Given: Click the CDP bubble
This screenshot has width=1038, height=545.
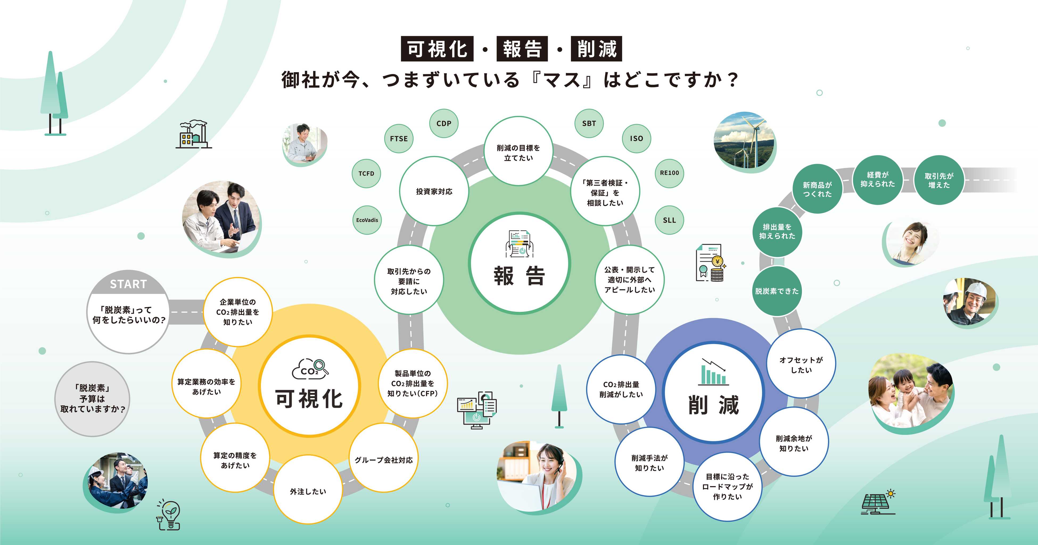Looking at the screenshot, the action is click(x=444, y=123).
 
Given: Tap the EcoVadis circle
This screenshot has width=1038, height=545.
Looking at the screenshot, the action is click(x=367, y=220).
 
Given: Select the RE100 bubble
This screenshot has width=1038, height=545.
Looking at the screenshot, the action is click(x=669, y=173).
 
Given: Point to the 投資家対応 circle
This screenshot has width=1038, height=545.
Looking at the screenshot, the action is click(x=434, y=191).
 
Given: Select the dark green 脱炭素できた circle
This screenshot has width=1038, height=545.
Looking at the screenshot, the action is click(x=777, y=291).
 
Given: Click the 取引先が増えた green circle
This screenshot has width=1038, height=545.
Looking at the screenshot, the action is click(x=939, y=180).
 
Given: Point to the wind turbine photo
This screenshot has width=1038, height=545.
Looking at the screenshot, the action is click(x=745, y=142).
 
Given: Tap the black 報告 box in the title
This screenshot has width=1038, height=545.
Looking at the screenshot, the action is click(x=522, y=49).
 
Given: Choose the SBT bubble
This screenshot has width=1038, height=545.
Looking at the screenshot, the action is click(x=589, y=123).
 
